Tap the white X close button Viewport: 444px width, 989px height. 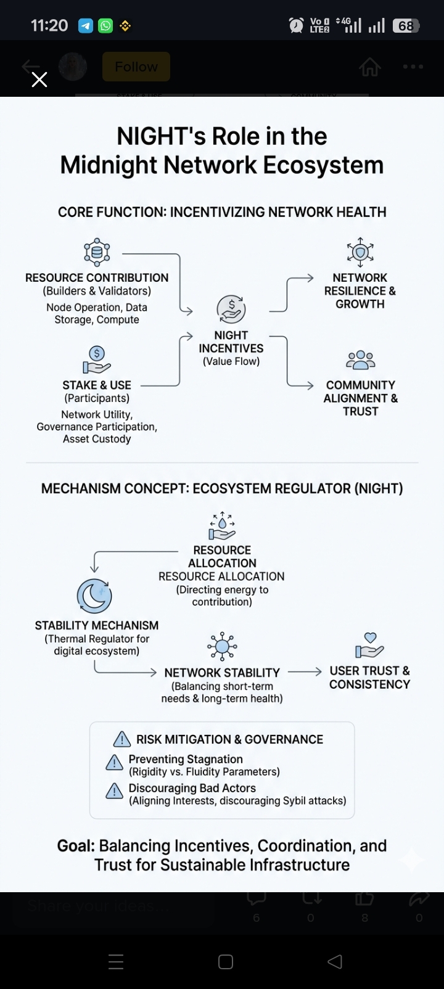click(x=39, y=80)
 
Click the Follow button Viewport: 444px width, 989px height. click(x=136, y=67)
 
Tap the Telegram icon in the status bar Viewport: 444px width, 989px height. click(x=86, y=26)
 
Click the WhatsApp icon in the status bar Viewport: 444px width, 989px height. click(x=105, y=26)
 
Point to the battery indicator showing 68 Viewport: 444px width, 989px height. click(x=406, y=26)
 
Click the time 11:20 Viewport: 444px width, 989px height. click(x=49, y=26)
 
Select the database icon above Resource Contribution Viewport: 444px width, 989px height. click(x=97, y=252)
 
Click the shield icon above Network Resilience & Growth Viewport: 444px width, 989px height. click(x=361, y=252)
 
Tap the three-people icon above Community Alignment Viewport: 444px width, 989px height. click(x=361, y=359)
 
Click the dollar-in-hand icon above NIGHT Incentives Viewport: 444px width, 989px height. click(x=231, y=309)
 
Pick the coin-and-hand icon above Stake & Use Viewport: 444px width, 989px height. click(x=97, y=359)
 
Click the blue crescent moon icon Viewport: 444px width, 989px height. click(x=94, y=596)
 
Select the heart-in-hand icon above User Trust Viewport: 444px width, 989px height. click(x=369, y=646)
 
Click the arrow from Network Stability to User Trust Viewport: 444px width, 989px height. click(x=305, y=671)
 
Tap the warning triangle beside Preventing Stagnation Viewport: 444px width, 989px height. click(x=115, y=763)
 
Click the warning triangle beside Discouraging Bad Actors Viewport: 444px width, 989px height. click(x=115, y=792)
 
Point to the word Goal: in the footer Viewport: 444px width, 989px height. click(x=76, y=846)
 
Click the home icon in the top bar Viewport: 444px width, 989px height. click(x=370, y=67)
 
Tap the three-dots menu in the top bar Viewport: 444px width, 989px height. click(x=413, y=67)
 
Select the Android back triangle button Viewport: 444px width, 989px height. click(x=334, y=962)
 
